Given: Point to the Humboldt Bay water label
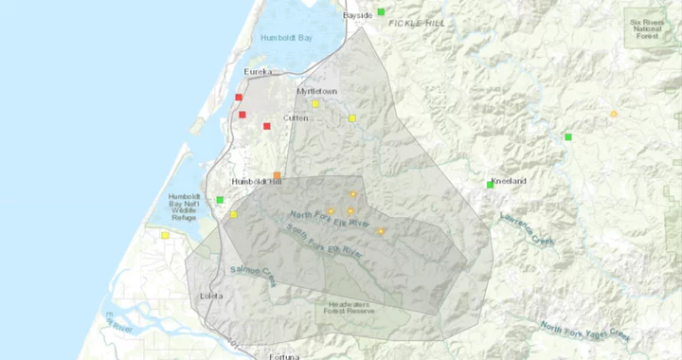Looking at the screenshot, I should [x=286, y=38].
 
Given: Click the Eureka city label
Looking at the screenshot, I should [x=258, y=72].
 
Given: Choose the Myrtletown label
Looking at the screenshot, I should [x=317, y=91].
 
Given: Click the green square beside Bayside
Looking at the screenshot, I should [x=381, y=11].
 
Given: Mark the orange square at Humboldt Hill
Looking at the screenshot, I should [x=277, y=175].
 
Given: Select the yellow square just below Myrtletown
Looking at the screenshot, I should [x=315, y=103].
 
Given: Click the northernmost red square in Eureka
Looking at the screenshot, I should [x=239, y=97].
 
